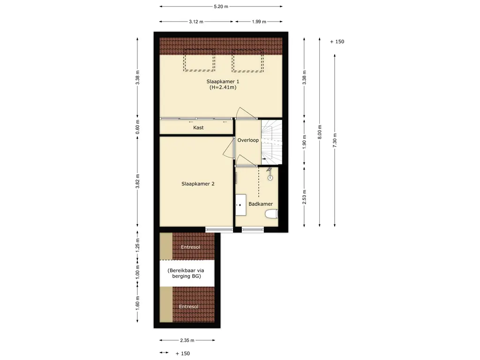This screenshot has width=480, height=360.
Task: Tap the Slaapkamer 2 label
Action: [x=198, y=184]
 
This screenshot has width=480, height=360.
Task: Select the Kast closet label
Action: [x=198, y=127]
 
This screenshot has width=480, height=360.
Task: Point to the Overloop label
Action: [x=248, y=140]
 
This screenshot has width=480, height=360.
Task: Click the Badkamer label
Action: [x=261, y=204]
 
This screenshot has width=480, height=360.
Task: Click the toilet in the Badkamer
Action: [x=271, y=214]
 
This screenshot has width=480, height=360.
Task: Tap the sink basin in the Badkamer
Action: [x=241, y=205]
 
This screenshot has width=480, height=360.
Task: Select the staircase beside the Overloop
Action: [x=271, y=142]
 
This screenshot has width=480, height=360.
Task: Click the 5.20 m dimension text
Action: [x=221, y=7]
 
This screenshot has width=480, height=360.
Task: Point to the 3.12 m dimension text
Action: [x=196, y=22]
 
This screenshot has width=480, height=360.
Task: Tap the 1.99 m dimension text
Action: [x=259, y=22]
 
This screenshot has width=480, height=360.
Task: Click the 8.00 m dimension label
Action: [x=320, y=132]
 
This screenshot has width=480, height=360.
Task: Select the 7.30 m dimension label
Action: [x=335, y=140]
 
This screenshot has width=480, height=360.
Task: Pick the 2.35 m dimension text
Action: [x=187, y=340]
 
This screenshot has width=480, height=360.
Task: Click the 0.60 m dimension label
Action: [x=137, y=127]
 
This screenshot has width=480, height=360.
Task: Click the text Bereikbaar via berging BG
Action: [x=186, y=273]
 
